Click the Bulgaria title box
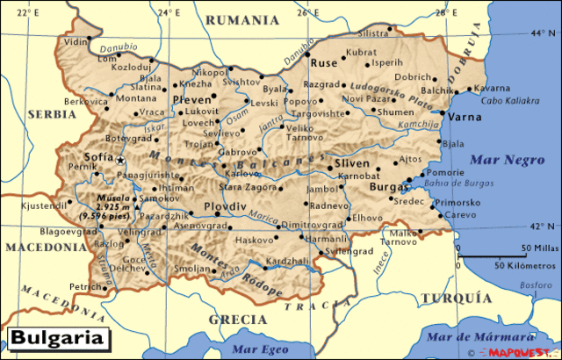pyautogui.click(x=58, y=338)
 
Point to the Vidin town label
pyautogui.click(x=76, y=41)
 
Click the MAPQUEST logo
pyautogui.click(x=525, y=353)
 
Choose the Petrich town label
pyautogui.click(x=86, y=287)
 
